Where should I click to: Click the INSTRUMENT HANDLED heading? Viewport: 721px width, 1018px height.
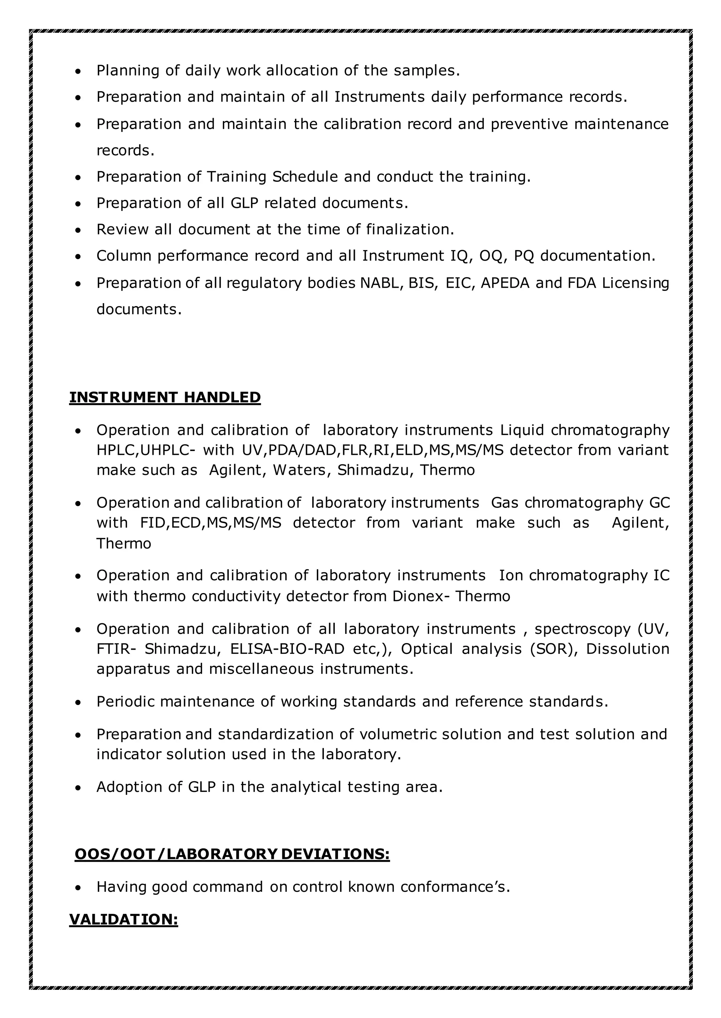pos(165,397)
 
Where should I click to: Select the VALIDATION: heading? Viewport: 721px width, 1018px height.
pos(124,919)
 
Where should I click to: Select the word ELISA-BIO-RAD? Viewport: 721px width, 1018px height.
pos(287,649)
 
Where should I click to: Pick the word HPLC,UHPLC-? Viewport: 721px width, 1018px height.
pos(146,450)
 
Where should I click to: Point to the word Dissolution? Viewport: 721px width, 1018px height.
pos(627,649)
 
